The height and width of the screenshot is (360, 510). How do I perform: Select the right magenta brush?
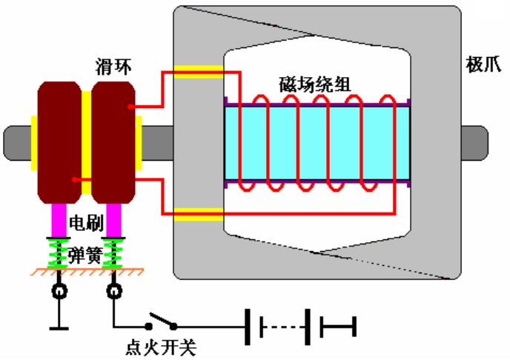click(x=113, y=219)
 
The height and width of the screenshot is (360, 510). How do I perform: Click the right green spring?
click(x=113, y=252)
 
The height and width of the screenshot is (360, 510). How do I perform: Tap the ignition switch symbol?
click(x=162, y=324)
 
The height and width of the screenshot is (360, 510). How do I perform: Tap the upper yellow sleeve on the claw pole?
click(x=199, y=73)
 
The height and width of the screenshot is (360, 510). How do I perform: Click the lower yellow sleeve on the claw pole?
click(x=199, y=215)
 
